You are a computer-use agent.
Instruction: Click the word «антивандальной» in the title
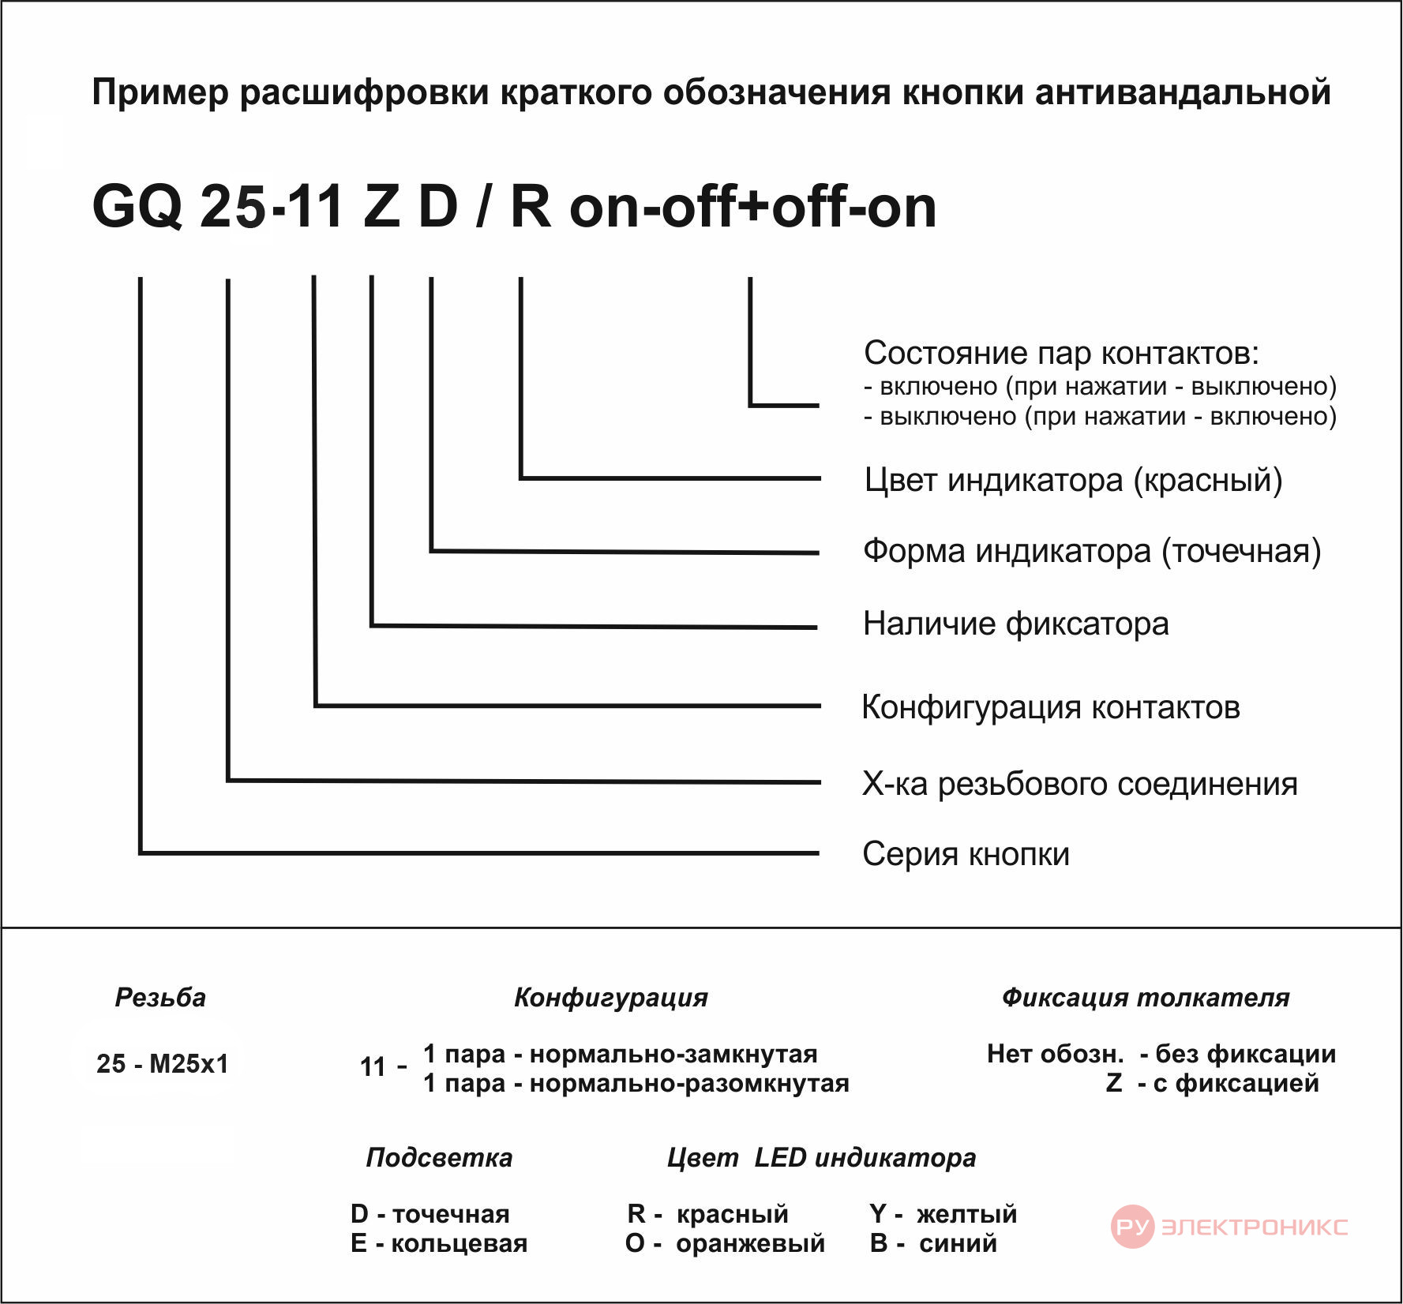coord(1183,92)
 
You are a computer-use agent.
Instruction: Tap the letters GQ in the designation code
coord(137,207)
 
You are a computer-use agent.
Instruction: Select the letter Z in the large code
coord(381,206)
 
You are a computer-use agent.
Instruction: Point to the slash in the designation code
coord(482,206)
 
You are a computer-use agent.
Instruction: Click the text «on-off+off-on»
coord(753,206)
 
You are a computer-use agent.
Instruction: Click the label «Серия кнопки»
coord(966,854)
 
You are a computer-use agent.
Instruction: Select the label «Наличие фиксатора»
coord(1015,624)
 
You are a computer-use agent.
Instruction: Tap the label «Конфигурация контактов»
coord(1051,706)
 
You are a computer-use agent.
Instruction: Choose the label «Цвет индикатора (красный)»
coord(1073,480)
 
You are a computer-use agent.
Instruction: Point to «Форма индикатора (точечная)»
coord(1092,551)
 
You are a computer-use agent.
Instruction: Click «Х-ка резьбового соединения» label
coord(1079,784)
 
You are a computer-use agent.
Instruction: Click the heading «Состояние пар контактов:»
coord(1061,353)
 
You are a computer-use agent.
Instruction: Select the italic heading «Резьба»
coord(160,998)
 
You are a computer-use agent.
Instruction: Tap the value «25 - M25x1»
coord(162,1064)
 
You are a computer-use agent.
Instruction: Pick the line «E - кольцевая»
coord(439,1243)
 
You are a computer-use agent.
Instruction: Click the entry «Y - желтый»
coord(943,1214)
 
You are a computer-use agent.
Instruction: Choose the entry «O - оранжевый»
coord(725,1243)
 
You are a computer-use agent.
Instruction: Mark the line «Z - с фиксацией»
coord(1212,1083)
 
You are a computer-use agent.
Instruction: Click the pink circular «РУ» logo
coord(1132,1227)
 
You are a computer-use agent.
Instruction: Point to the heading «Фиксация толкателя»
coord(1146,998)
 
